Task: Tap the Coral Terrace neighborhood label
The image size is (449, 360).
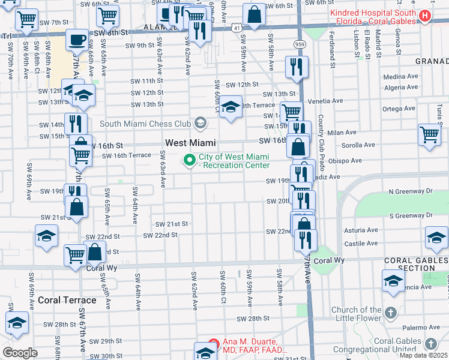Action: tap(67, 299)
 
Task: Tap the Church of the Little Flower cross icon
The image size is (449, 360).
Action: tap(390, 313)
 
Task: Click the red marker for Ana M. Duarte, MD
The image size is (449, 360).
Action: tap(212, 345)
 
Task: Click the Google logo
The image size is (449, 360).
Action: tap(20, 353)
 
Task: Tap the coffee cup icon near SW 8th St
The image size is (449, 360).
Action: tap(76, 40)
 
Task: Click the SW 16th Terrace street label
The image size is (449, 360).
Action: tap(127, 155)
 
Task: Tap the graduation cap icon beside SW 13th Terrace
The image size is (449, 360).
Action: tap(231, 107)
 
